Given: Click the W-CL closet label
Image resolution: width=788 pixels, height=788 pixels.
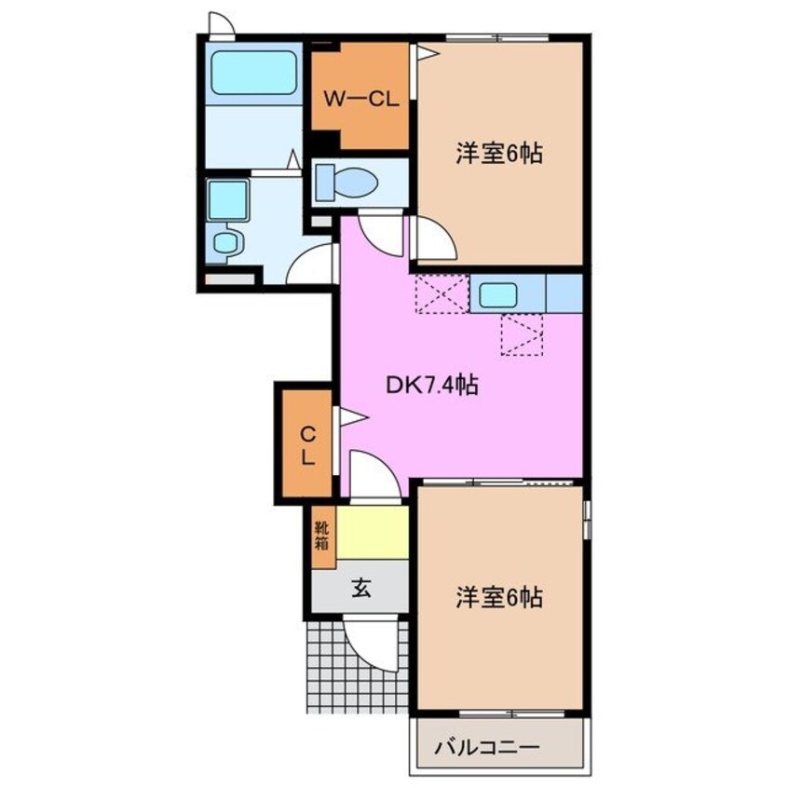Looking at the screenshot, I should pos(360,99).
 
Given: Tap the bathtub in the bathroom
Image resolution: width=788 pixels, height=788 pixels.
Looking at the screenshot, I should pos(253,73).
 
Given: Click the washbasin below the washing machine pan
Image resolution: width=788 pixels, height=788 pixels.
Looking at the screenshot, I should pos(226,244).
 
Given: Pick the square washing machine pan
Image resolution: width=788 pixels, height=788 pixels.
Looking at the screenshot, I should pos(226,198).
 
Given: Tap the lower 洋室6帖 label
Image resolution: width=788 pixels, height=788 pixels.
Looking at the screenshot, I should pos(499,596).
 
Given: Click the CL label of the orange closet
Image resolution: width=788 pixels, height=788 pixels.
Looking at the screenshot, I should pos(306,445).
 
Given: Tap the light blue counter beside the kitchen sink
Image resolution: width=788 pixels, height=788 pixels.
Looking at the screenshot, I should pos(564,294).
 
